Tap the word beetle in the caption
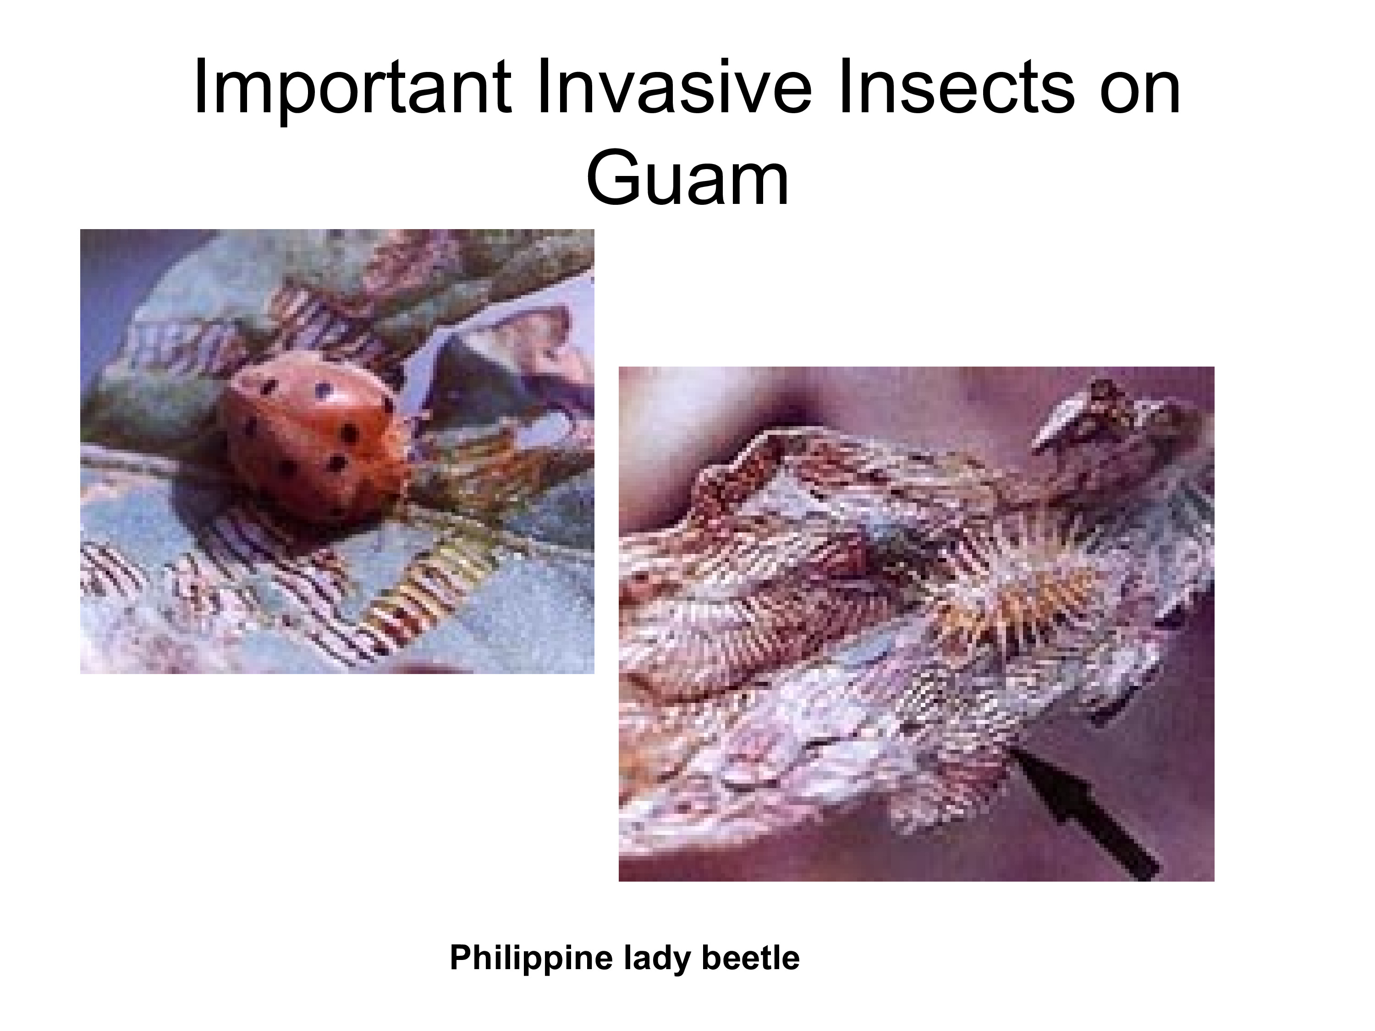point(750,958)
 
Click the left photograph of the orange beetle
point(337,451)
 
